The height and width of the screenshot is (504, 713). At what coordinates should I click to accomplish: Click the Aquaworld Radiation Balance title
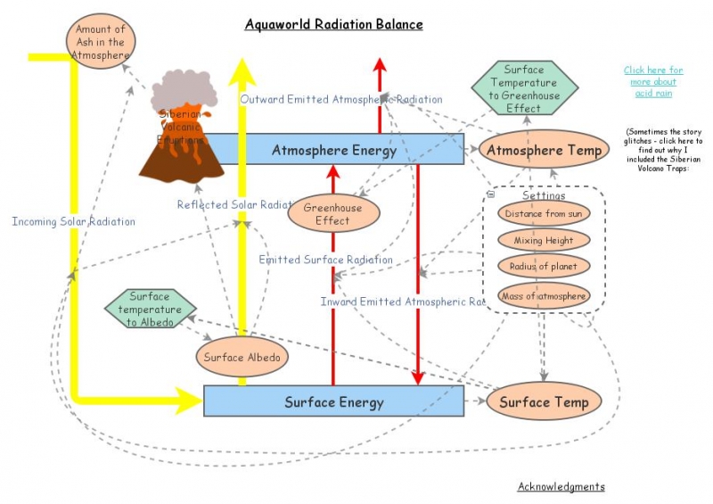tap(333, 24)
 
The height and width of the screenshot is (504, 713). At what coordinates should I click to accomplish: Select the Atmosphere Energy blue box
tap(334, 150)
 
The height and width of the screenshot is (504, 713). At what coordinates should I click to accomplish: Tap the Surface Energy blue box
tap(334, 401)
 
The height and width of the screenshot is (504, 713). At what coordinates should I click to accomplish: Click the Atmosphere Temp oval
tap(544, 150)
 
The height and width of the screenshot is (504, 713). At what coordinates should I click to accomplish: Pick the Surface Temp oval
tap(544, 401)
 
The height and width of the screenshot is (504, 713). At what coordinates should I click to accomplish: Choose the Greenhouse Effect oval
tap(333, 214)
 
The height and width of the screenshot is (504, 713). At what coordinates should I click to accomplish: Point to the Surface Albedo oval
tap(242, 358)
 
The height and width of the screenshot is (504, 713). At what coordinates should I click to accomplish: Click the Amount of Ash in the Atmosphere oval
tap(100, 41)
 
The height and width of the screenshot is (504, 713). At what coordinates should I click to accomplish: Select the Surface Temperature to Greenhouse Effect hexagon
tap(523, 88)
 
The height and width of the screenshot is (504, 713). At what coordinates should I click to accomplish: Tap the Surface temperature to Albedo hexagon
tap(150, 309)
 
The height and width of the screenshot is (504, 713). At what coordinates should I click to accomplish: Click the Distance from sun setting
tap(544, 214)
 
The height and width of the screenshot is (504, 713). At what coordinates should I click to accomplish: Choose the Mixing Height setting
tap(544, 240)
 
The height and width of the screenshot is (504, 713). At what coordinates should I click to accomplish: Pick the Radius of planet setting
tap(544, 267)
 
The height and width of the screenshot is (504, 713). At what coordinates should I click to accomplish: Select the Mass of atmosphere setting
tap(544, 295)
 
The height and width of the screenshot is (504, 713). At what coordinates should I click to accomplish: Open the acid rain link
tap(653, 81)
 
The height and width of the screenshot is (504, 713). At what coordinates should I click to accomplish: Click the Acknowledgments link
tap(561, 486)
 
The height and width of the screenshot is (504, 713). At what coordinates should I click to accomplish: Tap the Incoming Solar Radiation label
tap(74, 221)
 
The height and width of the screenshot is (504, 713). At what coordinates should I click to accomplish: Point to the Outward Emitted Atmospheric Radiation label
tap(340, 99)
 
